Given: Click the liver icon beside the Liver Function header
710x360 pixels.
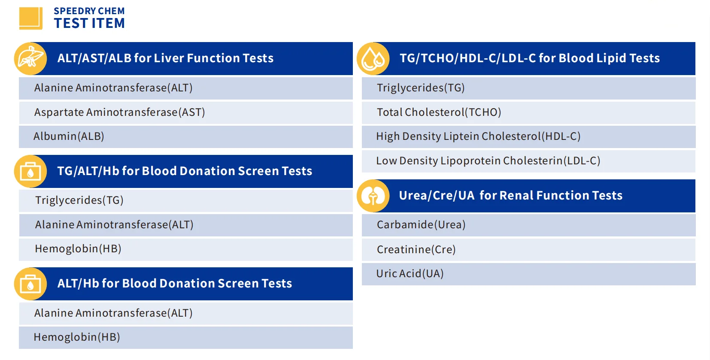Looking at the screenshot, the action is [x=30, y=59].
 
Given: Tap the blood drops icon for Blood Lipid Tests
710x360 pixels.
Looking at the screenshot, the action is [x=373, y=59].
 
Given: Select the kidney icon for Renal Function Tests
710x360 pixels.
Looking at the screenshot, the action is [x=373, y=196].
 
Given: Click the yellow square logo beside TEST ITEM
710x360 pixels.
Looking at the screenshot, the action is [x=31, y=18].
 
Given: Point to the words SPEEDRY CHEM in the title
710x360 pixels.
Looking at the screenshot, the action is [x=89, y=11].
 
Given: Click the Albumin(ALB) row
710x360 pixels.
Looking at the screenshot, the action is [x=186, y=136].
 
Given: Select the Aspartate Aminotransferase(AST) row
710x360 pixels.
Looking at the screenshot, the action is [x=186, y=112].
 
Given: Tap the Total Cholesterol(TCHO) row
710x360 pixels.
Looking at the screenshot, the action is [x=529, y=112].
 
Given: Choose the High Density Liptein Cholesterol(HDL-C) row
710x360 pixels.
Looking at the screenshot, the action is [x=529, y=136].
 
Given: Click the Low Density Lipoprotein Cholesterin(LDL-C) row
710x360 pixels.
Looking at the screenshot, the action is [x=529, y=161].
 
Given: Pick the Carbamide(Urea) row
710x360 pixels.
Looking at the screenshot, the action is [x=529, y=225].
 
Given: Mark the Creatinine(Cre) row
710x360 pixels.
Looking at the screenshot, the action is [x=529, y=250].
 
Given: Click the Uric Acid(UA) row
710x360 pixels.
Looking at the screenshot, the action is [x=529, y=274].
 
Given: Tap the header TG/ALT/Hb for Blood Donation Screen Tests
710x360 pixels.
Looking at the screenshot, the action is [x=185, y=171].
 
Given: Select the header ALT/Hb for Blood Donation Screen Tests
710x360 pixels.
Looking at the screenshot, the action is [x=174, y=284].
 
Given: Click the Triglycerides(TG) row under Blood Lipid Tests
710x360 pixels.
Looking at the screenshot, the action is [x=529, y=88].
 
